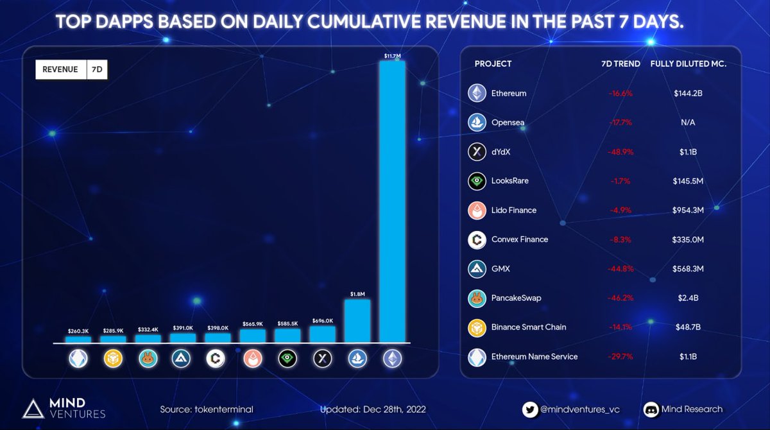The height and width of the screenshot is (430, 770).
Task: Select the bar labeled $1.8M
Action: coord(357,320)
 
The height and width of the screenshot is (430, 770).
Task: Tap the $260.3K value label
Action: coord(78,331)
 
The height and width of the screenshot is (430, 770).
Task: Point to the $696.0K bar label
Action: coord(323,320)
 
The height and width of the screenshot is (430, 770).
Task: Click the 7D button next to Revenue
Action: coord(96,69)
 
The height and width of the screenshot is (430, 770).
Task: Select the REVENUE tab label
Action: coord(60,69)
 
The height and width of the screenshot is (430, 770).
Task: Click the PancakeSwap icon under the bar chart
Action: coord(148,358)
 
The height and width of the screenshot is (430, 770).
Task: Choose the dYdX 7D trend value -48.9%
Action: coord(620,152)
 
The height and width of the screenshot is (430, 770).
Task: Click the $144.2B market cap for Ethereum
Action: coord(688,93)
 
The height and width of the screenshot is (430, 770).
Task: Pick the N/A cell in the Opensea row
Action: coord(688,123)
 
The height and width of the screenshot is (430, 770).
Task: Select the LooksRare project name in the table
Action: coord(509,181)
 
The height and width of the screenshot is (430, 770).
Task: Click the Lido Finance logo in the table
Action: coord(477,211)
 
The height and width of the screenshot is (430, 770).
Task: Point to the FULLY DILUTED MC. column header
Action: coord(688,64)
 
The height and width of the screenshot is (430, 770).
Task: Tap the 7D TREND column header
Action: coord(620,64)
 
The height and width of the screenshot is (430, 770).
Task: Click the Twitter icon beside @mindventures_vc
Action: coord(529,409)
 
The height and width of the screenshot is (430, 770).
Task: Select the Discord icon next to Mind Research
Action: coord(652,409)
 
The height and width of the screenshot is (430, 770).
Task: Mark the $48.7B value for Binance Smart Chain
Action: coord(688,327)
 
